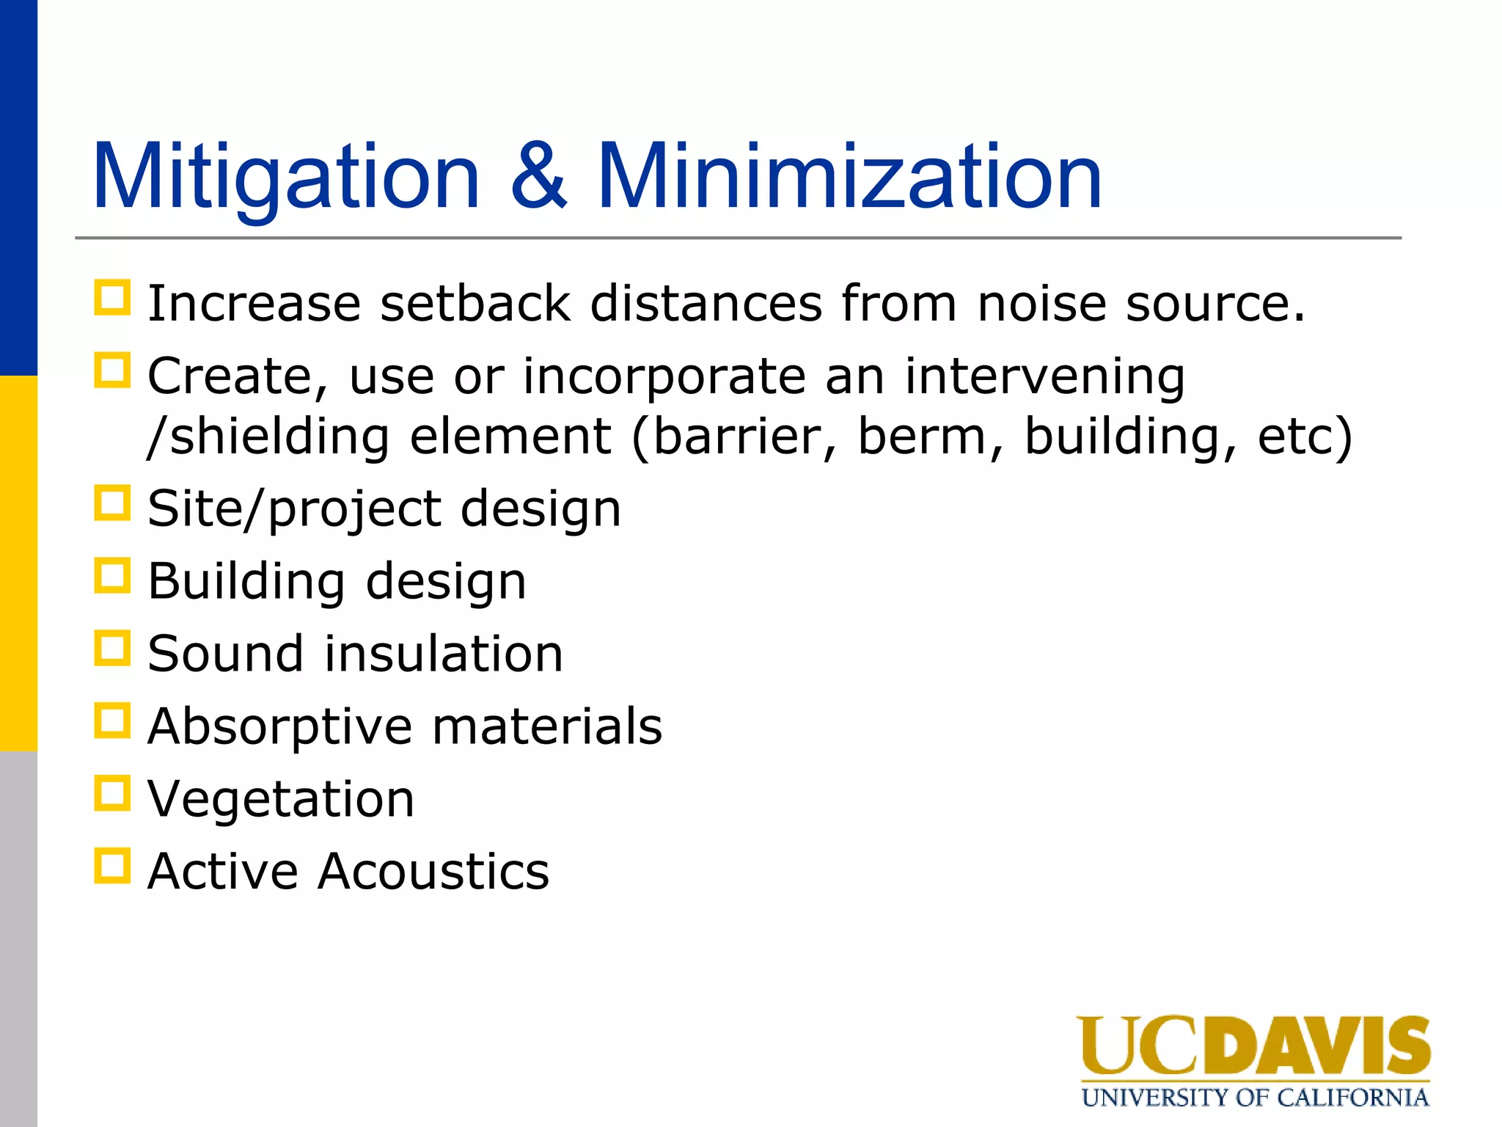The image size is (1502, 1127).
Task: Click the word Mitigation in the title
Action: coord(286,178)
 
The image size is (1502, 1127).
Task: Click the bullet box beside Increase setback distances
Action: coord(112,298)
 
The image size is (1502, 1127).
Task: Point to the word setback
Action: coord(475,303)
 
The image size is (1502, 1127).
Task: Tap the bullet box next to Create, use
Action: coord(112,371)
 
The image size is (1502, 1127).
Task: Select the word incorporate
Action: coord(664,376)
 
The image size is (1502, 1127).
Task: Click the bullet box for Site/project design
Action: coord(112,503)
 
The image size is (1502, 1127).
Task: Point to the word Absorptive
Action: coord(280,726)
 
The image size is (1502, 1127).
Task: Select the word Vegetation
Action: coord(281,799)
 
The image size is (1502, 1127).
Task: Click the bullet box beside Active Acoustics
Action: coord(112,866)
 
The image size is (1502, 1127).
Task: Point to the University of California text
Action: coord(1255,1098)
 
